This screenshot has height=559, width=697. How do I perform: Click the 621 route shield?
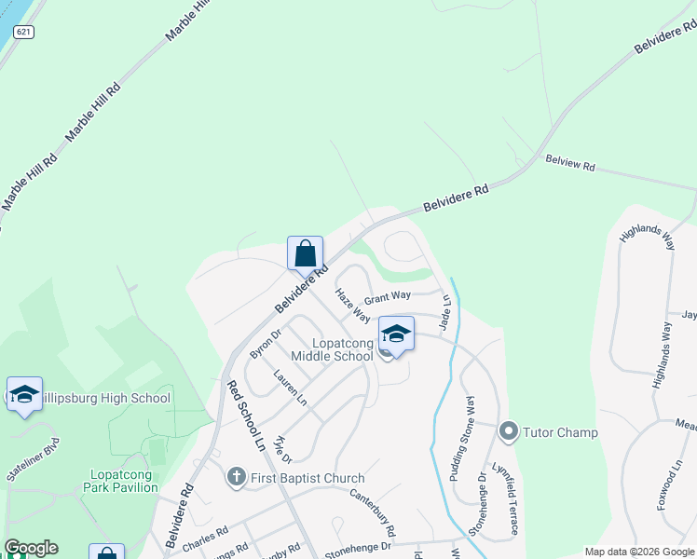pyautogui.click(x=24, y=31)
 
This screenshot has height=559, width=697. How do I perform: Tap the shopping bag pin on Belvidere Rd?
pyautogui.click(x=305, y=253)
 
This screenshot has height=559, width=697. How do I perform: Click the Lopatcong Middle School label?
pyautogui.click(x=332, y=349)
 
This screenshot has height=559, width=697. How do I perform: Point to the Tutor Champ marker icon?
pyautogui.click(x=509, y=431)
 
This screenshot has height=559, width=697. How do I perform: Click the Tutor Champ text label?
pyautogui.click(x=560, y=432)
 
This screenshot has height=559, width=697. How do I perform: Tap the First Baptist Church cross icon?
pyautogui.click(x=237, y=478)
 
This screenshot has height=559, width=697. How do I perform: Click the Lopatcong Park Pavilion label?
pyautogui.click(x=121, y=480)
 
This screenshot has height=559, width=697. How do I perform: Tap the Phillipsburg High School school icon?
pyautogui.click(x=24, y=395)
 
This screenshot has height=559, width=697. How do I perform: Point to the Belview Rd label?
pyautogui.click(x=570, y=164)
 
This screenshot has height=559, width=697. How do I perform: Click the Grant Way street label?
pyautogui.click(x=388, y=297)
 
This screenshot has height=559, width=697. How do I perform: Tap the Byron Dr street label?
pyautogui.click(x=265, y=344)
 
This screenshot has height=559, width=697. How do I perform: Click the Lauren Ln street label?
pyautogui.click(x=290, y=388)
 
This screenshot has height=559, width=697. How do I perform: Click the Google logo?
pyautogui.click(x=31, y=548)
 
